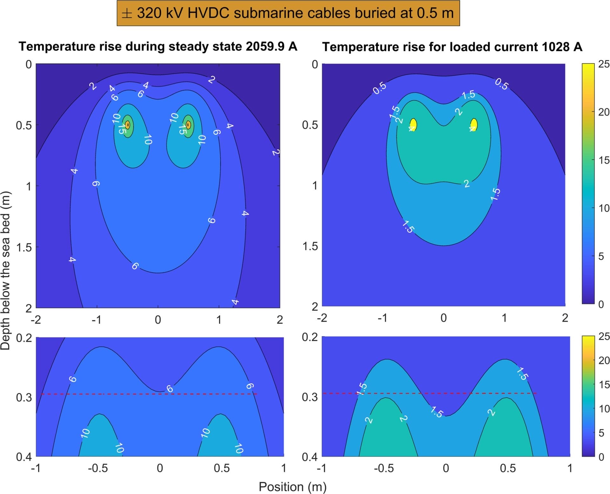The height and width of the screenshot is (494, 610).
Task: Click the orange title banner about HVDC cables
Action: point(288,13)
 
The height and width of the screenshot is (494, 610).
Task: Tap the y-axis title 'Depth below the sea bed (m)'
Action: point(6,270)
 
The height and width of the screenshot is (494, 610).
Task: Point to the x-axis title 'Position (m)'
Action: point(292,487)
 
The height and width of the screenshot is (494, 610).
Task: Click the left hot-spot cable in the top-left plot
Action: point(128,125)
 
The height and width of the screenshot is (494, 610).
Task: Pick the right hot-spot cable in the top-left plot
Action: point(188,125)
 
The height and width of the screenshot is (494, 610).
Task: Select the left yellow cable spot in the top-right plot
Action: point(413,124)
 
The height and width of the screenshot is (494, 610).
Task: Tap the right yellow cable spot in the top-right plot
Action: point(474,124)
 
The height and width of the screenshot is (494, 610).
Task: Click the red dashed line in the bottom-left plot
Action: point(149,394)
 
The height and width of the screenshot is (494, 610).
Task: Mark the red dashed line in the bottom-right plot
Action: point(445,393)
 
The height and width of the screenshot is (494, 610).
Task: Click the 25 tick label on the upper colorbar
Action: point(604,64)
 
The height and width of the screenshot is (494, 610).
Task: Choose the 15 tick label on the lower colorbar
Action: point(604,385)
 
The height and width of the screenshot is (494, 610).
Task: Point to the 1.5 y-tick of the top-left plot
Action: point(24,247)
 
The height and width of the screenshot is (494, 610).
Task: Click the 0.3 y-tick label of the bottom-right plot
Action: point(309,397)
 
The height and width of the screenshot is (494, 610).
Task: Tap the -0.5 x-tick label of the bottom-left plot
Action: point(98,468)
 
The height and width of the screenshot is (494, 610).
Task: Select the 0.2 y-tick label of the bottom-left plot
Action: point(24,338)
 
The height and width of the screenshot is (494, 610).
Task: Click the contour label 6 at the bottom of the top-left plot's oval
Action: point(135,266)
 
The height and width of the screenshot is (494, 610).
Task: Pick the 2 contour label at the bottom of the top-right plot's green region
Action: point(466,184)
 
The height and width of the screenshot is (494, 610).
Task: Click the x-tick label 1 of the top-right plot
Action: point(504,318)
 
